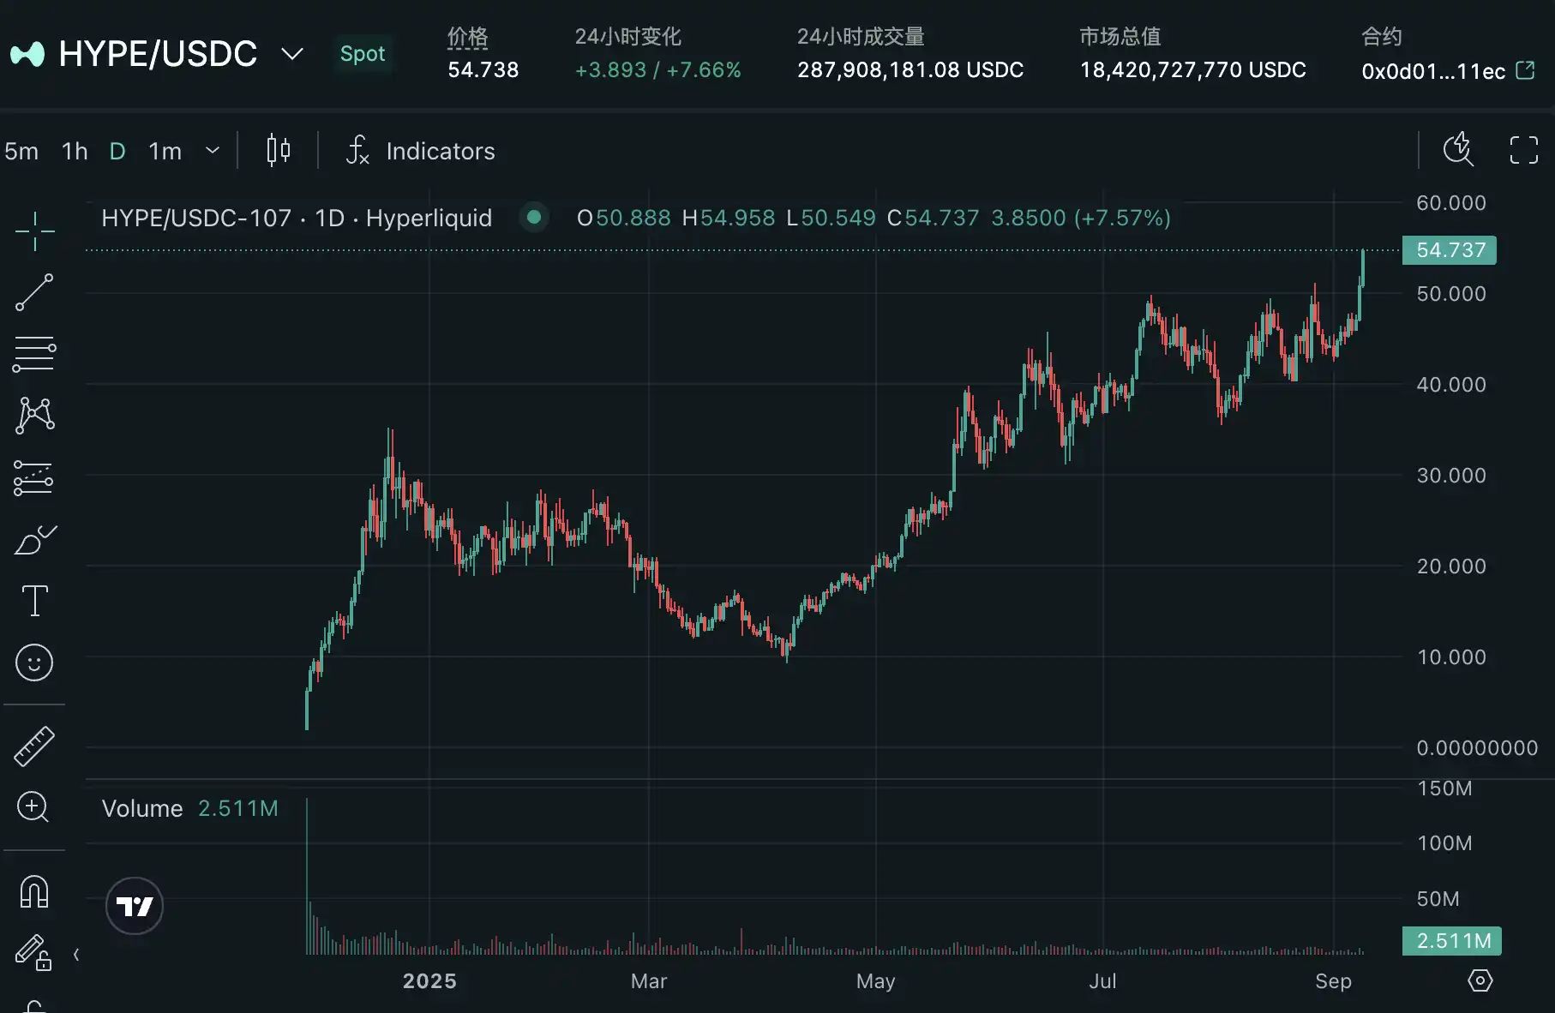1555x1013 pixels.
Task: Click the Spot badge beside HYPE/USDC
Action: pos(362,54)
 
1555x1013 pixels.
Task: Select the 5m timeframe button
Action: pos(21,152)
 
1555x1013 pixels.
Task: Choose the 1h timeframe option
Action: pos(75,152)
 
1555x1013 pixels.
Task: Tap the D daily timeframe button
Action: pos(117,152)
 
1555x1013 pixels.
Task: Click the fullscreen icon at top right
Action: pos(1523,150)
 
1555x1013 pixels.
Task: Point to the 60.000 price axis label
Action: pos(1450,203)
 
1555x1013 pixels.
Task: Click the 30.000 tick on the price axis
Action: pos(1450,476)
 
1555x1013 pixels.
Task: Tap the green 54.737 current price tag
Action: pos(1450,250)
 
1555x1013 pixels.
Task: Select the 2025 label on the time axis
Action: pos(429,981)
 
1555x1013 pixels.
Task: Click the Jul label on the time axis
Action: pos(1102,981)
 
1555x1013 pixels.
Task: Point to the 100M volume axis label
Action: pos(1444,843)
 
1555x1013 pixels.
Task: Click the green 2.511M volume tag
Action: pos(1452,941)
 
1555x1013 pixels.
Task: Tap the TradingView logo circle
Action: pos(135,906)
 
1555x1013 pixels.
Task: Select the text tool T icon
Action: pos(34,601)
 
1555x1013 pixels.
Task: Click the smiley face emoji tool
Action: pos(34,662)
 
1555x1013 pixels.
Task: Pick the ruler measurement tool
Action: pos(34,746)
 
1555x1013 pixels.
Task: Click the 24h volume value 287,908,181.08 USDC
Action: pos(910,70)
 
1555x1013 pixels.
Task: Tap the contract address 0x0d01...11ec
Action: pos(1433,71)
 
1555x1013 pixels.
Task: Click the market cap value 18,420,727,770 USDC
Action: pos(1192,70)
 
